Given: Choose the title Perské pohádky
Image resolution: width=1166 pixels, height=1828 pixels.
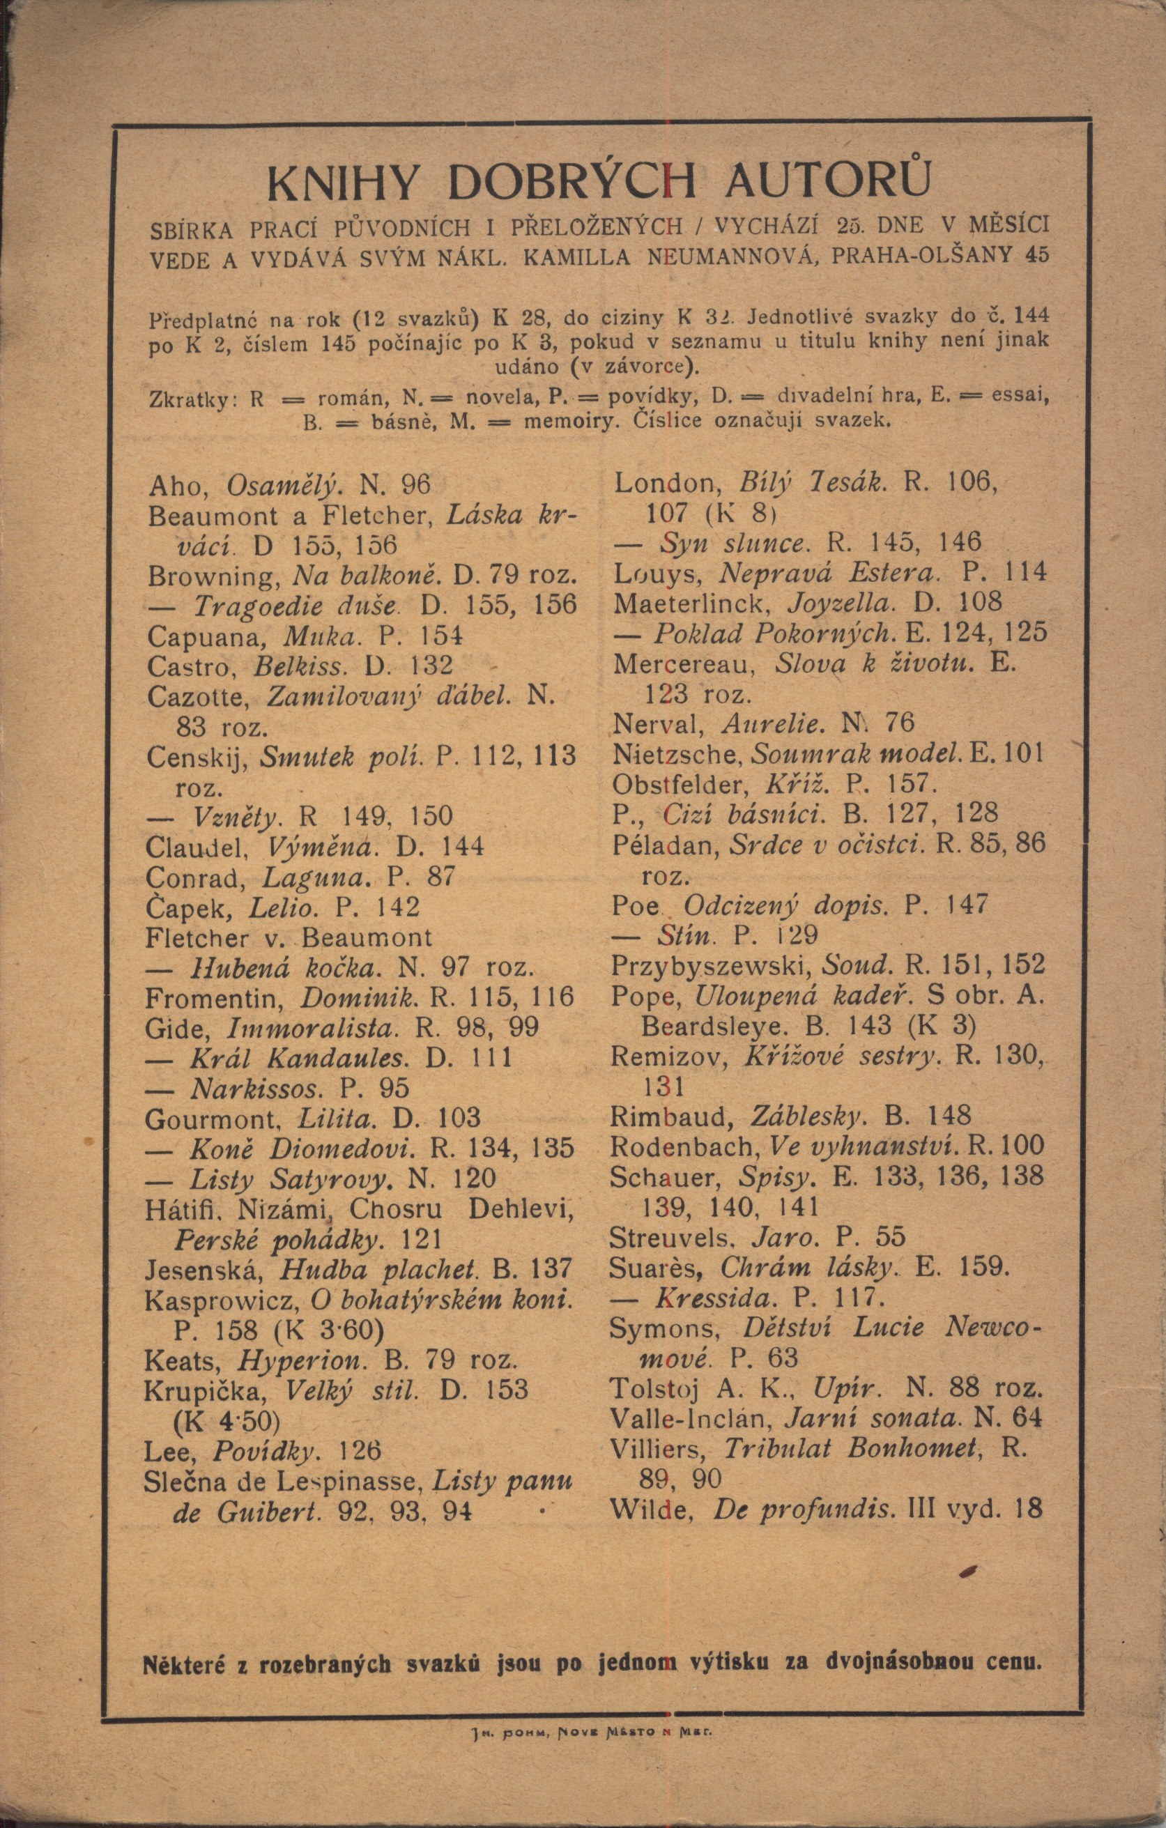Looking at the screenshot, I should (x=275, y=1240).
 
